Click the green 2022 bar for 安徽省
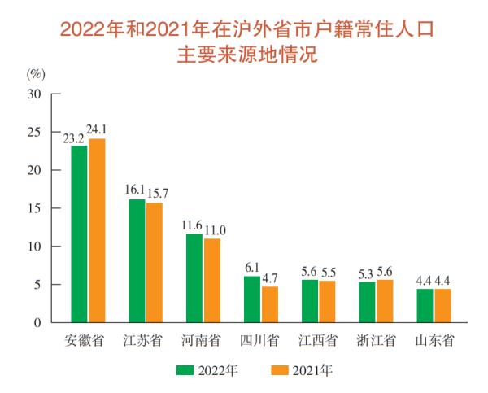pyautogui.click(x=79, y=234)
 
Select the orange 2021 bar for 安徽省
pyautogui.click(x=97, y=231)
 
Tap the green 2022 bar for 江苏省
pyautogui.click(x=137, y=261)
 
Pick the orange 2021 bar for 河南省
pyautogui.click(x=212, y=281)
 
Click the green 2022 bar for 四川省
pyautogui.click(x=252, y=299)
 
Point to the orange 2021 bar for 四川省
pyautogui.click(x=270, y=304)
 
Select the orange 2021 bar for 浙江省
pyautogui.click(x=385, y=301)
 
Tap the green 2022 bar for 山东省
pyautogui.click(x=425, y=306)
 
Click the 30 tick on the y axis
pyautogui.click(x=33, y=94)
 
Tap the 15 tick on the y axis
pyautogui.click(x=33, y=208)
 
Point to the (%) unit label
pyautogui.click(x=36, y=73)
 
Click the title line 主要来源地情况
pyautogui.click(x=243, y=56)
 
